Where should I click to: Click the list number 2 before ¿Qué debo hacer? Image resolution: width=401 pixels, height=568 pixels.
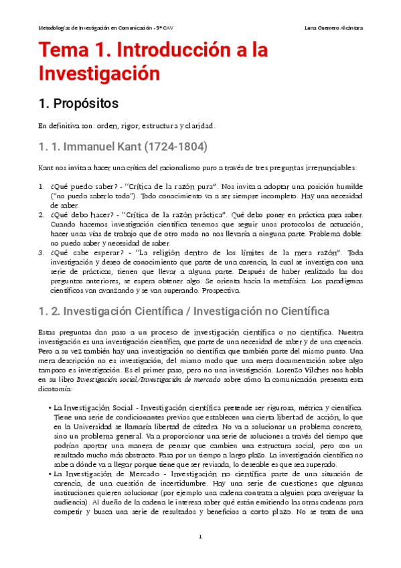[x=41, y=215]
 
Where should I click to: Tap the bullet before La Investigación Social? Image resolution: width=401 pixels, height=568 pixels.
[x=51, y=407]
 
